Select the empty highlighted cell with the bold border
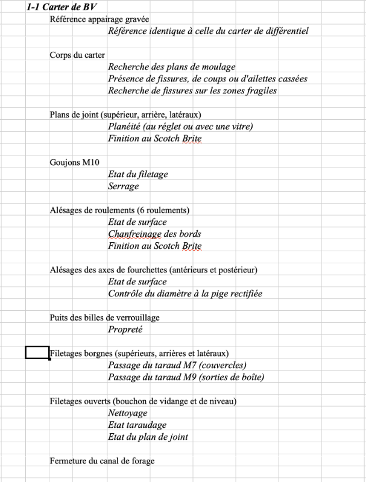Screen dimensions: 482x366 37,353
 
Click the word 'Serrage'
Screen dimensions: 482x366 124,186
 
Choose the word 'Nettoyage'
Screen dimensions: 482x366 128,413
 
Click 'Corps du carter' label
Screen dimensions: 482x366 77,55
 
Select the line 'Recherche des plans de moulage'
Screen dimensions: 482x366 172,67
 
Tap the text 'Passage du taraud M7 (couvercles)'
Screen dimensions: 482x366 177,365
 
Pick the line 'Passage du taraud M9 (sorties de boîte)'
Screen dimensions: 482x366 186,377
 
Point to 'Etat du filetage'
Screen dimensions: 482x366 138,174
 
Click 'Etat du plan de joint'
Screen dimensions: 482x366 148,437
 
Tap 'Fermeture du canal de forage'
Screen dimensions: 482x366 102,461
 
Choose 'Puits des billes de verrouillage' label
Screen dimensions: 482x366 104,318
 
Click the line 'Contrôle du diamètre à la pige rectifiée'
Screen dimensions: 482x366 185,293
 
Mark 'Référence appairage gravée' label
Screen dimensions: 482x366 99,19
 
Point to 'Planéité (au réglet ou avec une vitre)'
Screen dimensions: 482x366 180,127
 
